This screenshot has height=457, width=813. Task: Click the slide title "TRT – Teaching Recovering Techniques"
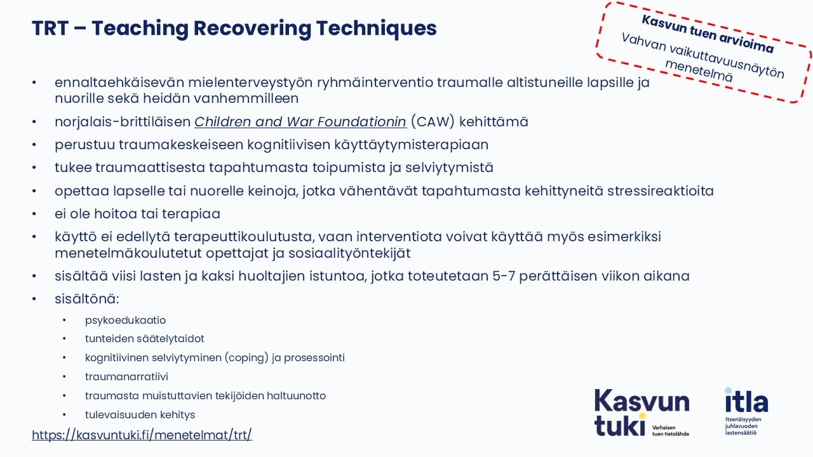tap(234, 29)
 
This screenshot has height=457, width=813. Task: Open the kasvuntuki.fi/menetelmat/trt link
tap(142, 435)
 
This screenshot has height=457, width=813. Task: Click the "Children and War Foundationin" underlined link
tap(300, 122)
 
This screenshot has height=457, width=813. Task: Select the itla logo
tap(746, 409)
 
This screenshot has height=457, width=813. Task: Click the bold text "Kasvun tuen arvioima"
tap(708, 34)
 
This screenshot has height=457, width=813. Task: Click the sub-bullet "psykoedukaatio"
tap(125, 320)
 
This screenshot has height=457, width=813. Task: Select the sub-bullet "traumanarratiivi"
tap(126, 377)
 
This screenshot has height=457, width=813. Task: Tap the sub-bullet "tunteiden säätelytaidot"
tap(144, 339)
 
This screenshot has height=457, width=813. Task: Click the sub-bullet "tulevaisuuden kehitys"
tap(140, 415)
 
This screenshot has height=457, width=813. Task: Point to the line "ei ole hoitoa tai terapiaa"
tap(137, 214)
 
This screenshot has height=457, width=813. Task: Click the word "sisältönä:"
tap(87, 298)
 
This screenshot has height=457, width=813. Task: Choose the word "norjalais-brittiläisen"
tap(123, 122)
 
